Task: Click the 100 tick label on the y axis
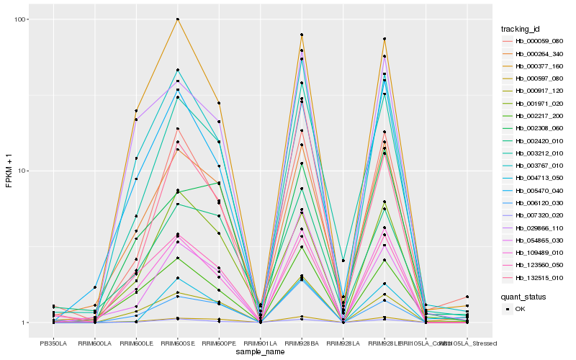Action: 22,19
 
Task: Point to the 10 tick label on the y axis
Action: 24,171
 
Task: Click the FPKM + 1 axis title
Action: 9,171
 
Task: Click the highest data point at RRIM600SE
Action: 177,19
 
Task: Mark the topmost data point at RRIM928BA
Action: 302,35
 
